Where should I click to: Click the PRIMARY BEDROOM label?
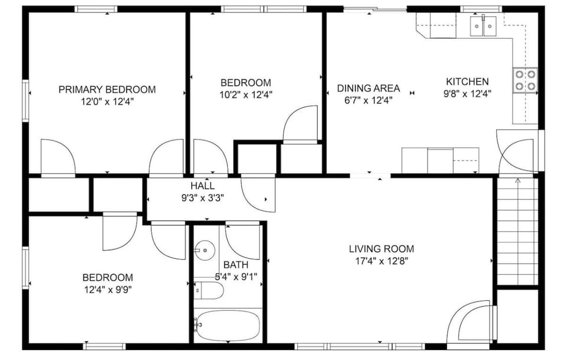click(x=107, y=89)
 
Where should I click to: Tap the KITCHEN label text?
click(x=467, y=82)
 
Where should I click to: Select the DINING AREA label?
click(x=368, y=88)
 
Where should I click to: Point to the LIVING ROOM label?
click(x=381, y=249)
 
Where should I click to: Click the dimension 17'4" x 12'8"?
click(x=381, y=260)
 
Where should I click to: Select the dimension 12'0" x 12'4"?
click(x=107, y=101)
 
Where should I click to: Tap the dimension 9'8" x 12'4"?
click(x=467, y=93)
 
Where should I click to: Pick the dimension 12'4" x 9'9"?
click(x=107, y=289)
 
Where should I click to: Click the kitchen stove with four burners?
click(x=525, y=80)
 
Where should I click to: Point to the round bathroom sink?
click(x=204, y=250)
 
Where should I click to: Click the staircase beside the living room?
click(x=516, y=231)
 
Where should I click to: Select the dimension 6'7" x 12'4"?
click(x=368, y=100)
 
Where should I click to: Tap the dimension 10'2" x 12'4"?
click(x=246, y=93)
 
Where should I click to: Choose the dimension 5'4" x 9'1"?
click(x=236, y=276)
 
